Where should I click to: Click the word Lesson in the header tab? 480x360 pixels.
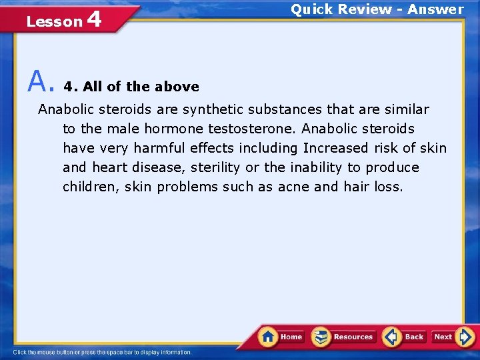click(x=54, y=22)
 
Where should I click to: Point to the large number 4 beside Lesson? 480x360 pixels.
click(x=94, y=19)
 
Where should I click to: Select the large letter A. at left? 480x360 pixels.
click(x=39, y=83)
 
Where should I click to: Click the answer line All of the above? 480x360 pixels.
click(x=131, y=87)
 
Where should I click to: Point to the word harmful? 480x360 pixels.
click(x=159, y=147)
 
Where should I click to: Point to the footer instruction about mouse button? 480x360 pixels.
click(x=102, y=352)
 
